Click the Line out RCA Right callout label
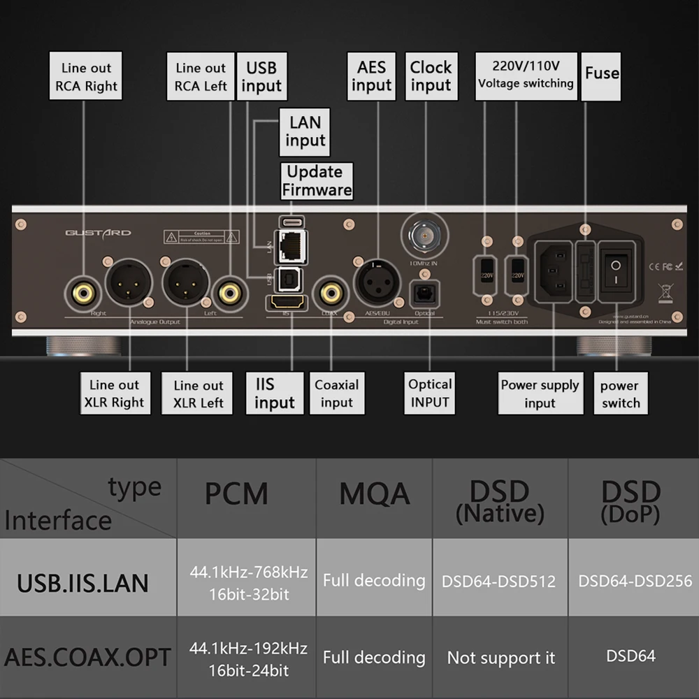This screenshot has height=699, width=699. point(86,76)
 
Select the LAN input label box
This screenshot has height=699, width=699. point(305,131)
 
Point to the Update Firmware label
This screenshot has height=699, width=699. point(315,180)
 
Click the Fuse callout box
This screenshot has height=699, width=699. point(601,73)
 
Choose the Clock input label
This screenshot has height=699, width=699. point(431,76)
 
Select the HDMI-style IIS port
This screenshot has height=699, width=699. point(286,304)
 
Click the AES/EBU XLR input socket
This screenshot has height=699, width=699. point(377,282)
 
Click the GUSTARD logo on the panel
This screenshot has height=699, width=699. point(98,233)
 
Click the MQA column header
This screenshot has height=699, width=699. point(375,495)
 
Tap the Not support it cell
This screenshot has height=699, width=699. point(501,658)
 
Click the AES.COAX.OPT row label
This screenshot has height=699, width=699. point(88,658)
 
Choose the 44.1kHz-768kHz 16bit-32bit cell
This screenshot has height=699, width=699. point(248,583)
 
